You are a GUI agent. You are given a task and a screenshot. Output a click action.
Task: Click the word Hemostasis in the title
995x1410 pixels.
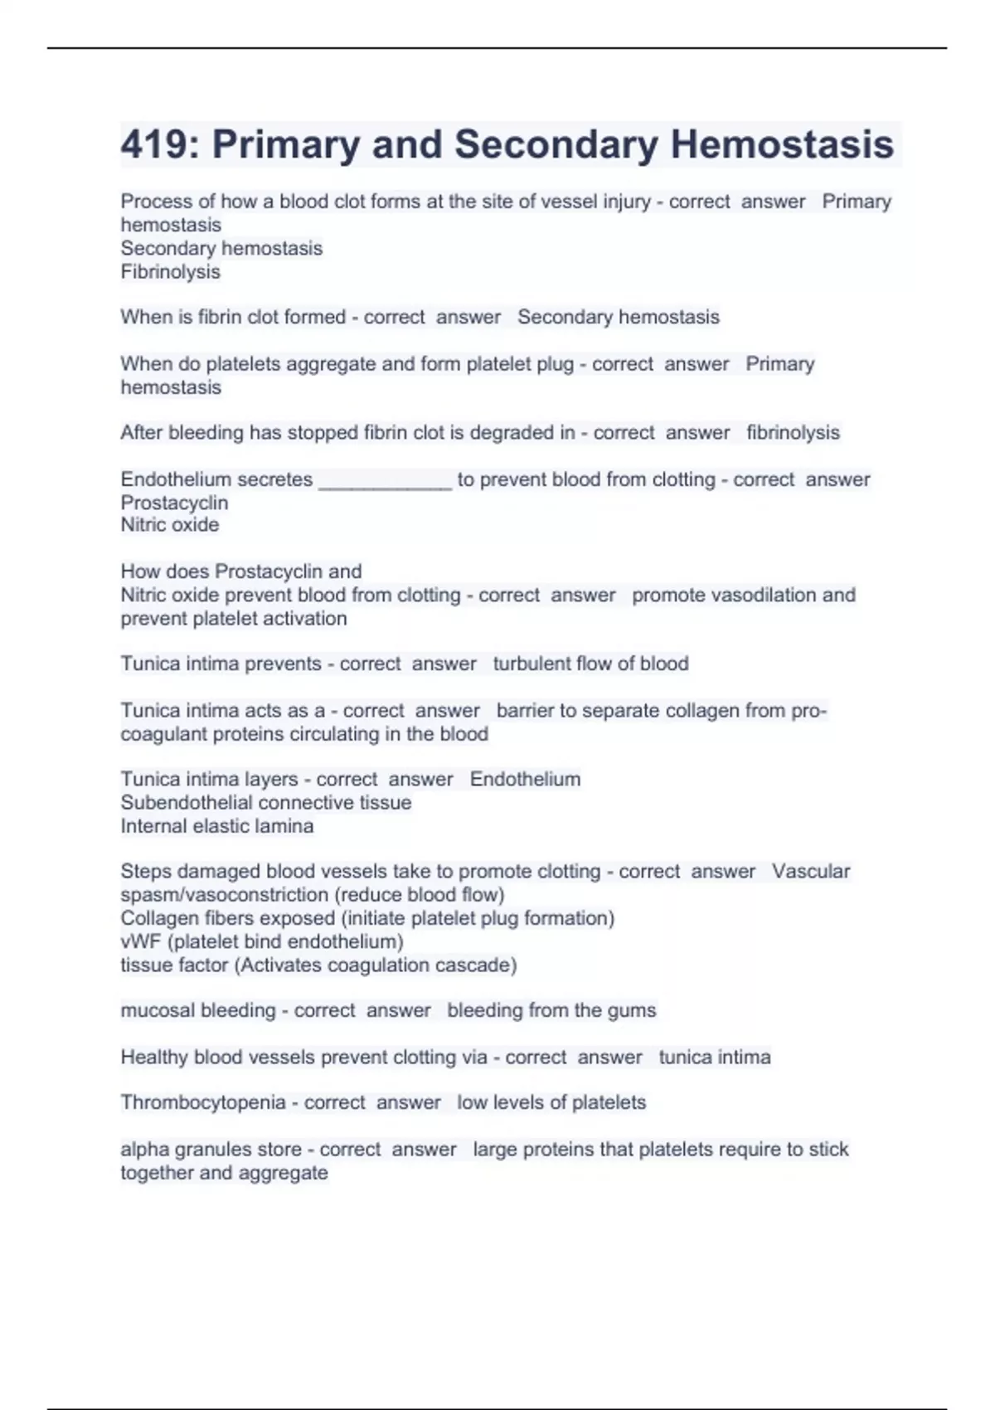point(782,144)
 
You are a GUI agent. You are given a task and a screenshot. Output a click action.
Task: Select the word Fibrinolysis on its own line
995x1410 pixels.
point(170,272)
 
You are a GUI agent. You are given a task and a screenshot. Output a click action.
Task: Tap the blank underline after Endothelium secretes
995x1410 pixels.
point(386,481)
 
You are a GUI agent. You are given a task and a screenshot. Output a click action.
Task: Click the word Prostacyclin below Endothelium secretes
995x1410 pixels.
point(174,503)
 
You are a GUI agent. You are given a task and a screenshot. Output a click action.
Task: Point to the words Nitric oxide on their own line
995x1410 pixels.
point(170,525)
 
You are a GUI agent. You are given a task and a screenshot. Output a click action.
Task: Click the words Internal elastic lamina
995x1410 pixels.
point(217,826)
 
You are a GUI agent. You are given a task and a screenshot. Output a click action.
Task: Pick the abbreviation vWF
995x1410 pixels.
point(140,941)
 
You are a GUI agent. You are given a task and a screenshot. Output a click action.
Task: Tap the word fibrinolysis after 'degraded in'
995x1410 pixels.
point(793,433)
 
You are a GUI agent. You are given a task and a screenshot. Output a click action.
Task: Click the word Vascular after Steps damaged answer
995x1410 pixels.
point(811,872)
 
